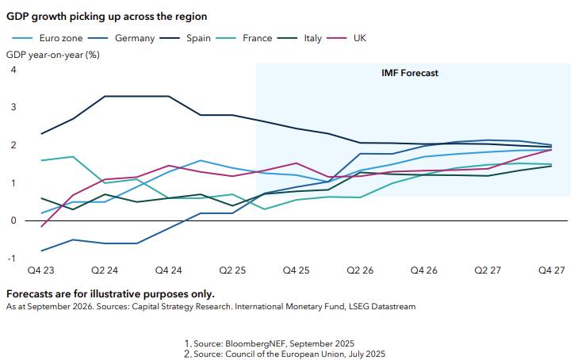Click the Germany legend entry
(x=134, y=37)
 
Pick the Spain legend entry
(x=199, y=37)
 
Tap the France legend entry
(x=258, y=37)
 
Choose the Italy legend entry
(x=312, y=37)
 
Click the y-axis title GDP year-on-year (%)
(x=53, y=55)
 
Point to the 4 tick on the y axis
(x=13, y=70)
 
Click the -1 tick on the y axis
(x=12, y=259)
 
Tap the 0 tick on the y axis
(x=13, y=220)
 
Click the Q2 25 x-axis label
(x=232, y=271)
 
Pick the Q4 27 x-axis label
(x=550, y=271)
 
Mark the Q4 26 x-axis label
(x=423, y=271)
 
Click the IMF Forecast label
(x=410, y=73)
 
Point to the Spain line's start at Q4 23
(x=41, y=133)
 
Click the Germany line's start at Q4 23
(x=41, y=251)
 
